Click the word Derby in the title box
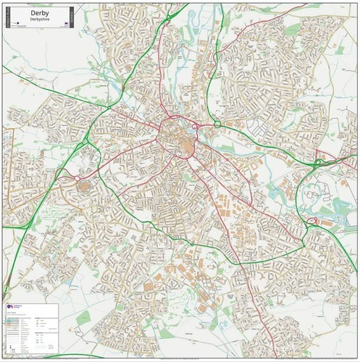[38, 12]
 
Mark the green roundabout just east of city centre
[217, 125]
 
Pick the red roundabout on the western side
[78, 177]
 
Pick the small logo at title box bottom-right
[65, 25]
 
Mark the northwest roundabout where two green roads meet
[95, 119]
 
